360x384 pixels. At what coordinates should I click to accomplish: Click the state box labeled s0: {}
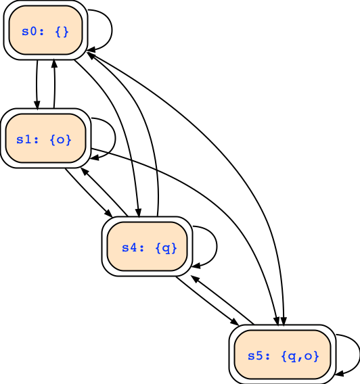[45, 30]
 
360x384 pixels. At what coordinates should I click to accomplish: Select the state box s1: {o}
[45, 138]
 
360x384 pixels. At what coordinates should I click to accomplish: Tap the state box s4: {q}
[147, 246]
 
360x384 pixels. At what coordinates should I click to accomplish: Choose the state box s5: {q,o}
[282, 355]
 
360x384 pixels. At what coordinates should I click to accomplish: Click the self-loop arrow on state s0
[112, 30]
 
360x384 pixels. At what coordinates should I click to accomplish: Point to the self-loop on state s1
[115, 139]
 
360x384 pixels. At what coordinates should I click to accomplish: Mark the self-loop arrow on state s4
[217, 246]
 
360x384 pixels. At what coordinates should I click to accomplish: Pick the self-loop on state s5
[359, 355]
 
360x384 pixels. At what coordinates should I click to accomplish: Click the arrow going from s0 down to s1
[37, 85]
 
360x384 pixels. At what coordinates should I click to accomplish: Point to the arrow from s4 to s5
[207, 301]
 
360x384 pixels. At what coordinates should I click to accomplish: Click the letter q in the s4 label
[166, 248]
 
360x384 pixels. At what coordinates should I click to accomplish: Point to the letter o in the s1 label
[60, 140]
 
